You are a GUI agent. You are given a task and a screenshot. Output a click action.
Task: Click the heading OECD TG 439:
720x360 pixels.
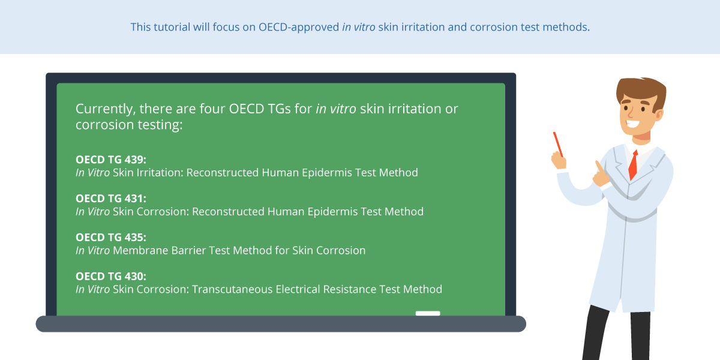pyautogui.click(x=111, y=160)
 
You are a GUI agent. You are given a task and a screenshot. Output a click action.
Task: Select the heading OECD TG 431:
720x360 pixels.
pyautogui.click(x=111, y=199)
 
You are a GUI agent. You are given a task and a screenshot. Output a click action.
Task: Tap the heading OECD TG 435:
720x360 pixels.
pyautogui.click(x=111, y=237)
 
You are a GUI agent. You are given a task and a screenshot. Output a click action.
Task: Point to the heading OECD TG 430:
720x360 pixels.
pyautogui.click(x=111, y=276)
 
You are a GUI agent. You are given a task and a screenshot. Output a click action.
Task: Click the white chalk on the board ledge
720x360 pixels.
pyautogui.click(x=428, y=313)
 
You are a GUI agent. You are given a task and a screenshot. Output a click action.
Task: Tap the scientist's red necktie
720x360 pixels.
pyautogui.click(x=633, y=165)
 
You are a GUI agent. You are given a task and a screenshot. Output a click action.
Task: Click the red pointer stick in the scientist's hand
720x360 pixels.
pyautogui.click(x=558, y=145)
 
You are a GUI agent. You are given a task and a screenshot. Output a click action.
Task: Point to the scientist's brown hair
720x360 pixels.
pyautogui.click(x=641, y=92)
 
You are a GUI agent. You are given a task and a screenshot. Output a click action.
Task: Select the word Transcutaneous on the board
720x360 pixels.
pyautogui.click(x=232, y=289)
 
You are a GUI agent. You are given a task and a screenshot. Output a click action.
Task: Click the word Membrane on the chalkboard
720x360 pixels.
pyautogui.click(x=140, y=250)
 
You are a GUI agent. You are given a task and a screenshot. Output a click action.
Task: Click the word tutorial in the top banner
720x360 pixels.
pyautogui.click(x=172, y=27)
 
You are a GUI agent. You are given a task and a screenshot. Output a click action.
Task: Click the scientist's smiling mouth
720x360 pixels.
pyautogui.click(x=632, y=123)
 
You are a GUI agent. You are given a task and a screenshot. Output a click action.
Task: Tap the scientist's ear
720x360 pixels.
pyautogui.click(x=659, y=115)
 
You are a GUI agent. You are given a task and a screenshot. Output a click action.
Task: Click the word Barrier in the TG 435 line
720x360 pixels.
pyautogui.click(x=188, y=250)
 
